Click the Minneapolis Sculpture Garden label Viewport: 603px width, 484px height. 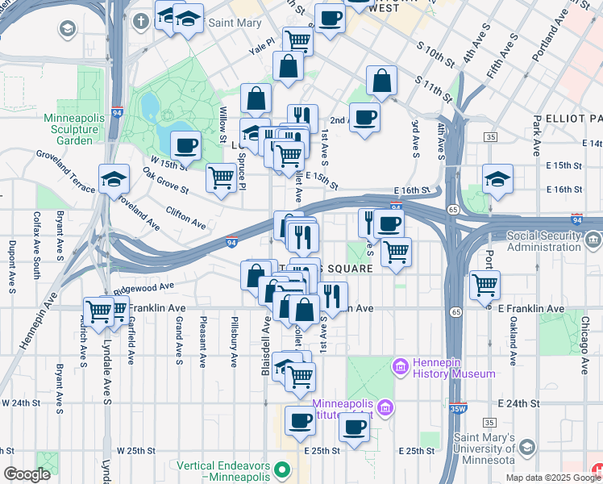click(x=74, y=128)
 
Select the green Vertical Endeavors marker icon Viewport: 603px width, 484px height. click(x=281, y=469)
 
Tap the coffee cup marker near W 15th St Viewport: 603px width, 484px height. click(x=185, y=145)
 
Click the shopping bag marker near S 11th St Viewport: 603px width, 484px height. click(x=382, y=81)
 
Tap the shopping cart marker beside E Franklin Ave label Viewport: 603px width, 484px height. click(x=484, y=284)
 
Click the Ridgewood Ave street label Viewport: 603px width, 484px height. click(x=144, y=286)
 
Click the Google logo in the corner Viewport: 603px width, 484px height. click(x=27, y=474)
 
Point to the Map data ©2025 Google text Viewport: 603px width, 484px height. click(x=552, y=478)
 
